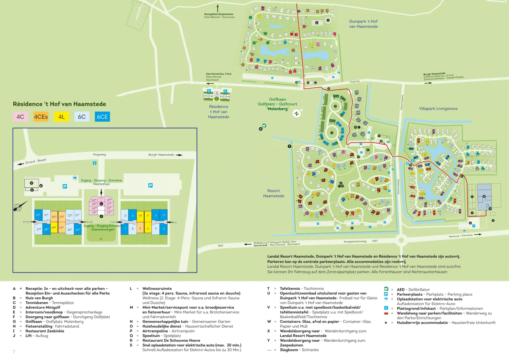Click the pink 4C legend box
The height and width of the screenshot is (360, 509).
click(20, 117)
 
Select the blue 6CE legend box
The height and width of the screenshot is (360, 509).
click(102, 117)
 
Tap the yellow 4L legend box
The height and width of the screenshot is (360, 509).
click(61, 117)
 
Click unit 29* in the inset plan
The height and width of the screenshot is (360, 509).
click(54, 228)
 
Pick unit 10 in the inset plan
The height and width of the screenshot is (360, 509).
click(140, 215)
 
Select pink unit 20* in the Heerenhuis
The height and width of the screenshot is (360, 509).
click(93, 200)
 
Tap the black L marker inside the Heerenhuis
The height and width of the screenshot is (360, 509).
click(101, 204)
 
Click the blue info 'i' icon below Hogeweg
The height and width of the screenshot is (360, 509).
click(94, 163)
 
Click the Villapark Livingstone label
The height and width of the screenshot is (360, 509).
click(438, 108)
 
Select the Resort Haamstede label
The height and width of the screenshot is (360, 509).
click(274, 193)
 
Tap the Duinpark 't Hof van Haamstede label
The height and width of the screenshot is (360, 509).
click(363, 24)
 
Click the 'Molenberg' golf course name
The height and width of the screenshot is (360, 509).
click(278, 109)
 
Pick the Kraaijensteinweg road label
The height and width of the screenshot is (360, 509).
click(355, 241)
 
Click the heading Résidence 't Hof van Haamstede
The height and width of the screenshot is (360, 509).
click(59, 104)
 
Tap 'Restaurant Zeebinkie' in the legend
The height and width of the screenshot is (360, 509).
click(45, 331)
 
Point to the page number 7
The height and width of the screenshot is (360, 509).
click(14, 351)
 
